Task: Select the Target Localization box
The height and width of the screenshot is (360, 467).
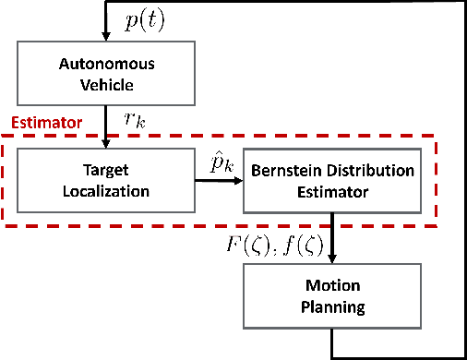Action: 108,181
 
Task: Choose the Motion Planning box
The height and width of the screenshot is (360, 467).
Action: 330,294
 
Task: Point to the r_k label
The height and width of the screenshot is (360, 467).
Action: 135,118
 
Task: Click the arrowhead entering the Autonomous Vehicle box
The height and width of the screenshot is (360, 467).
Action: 108,42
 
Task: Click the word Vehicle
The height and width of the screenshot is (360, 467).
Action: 108,87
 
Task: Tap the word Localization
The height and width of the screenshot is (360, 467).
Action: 108,190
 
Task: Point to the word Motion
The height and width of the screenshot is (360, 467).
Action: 330,285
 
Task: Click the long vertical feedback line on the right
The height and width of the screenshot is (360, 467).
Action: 457,185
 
